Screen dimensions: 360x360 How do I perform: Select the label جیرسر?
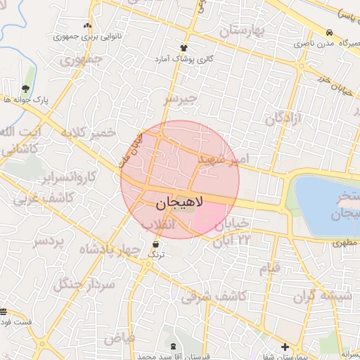(181, 98)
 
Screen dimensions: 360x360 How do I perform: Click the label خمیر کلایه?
(88, 133)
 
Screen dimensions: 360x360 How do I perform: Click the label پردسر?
(49, 243)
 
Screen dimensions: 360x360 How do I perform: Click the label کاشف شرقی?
(214, 297)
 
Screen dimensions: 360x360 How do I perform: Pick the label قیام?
(269, 268)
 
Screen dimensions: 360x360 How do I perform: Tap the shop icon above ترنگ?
(155, 244)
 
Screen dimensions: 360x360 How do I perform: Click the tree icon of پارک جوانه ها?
(26, 89)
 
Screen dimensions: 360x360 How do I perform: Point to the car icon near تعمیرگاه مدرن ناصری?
(329, 32)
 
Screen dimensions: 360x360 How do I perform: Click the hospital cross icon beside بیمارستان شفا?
(284, 347)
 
